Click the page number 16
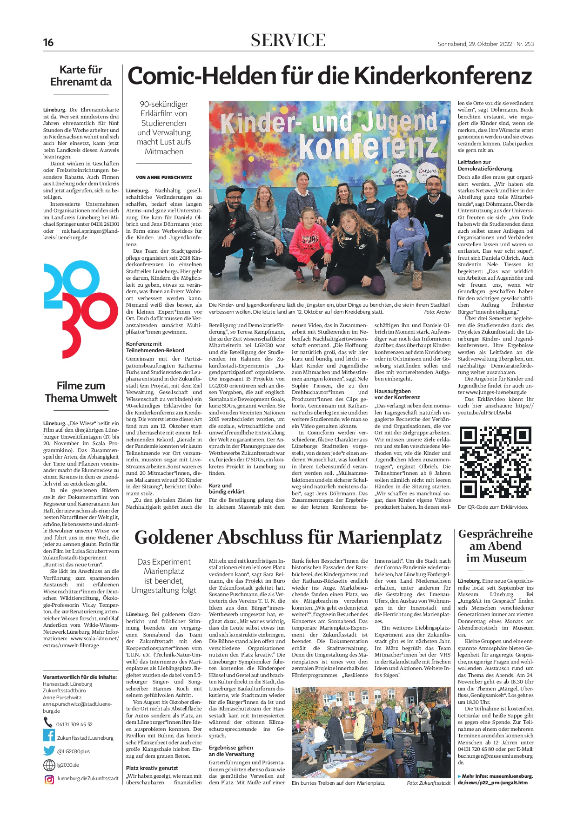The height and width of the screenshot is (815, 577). [x=48, y=43]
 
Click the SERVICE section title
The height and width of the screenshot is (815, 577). [x=288, y=40]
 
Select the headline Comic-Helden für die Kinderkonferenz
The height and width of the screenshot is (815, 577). [x=329, y=76]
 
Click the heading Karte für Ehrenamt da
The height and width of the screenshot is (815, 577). [x=81, y=76]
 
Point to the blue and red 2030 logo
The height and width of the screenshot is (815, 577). [x=81, y=309]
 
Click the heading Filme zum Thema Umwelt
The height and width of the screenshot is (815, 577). [x=81, y=392]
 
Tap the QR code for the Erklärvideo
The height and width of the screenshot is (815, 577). [x=495, y=462]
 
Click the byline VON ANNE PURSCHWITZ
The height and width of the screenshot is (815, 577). [x=164, y=177]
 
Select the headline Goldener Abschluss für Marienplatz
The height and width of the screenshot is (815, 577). [x=288, y=538]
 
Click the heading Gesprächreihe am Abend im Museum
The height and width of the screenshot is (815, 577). [x=496, y=546]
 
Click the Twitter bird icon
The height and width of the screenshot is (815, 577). [x=49, y=750]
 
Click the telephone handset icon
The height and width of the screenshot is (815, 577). [x=48, y=722]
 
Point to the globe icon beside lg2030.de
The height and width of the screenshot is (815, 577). [x=49, y=765]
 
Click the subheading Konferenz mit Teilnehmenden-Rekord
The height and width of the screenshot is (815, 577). [x=155, y=347]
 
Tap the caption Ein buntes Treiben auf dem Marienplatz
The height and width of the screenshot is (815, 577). [x=338, y=783]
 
